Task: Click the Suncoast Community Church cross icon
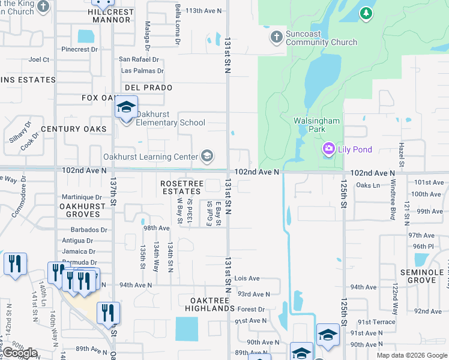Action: point(276,37)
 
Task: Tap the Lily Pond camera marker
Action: point(328,149)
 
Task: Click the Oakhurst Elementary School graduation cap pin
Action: point(127,109)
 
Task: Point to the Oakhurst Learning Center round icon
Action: point(207,157)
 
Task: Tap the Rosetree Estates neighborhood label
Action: point(181,187)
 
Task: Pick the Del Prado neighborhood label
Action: point(149,88)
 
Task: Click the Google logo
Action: point(20,353)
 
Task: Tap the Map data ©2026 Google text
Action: point(411,355)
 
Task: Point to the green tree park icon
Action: point(366,13)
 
